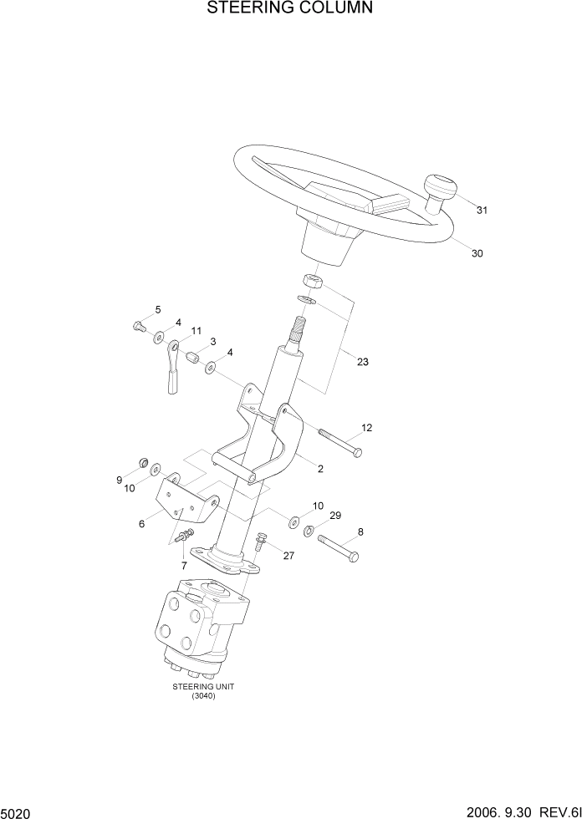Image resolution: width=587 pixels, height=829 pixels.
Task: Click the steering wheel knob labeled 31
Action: point(440,192)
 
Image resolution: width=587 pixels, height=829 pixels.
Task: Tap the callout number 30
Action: point(477,253)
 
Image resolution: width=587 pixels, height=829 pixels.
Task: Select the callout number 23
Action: point(362,362)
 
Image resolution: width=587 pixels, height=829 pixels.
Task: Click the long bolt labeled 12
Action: point(339,443)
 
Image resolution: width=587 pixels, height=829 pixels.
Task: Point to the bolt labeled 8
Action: point(338,548)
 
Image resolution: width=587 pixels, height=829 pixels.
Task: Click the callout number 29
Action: point(335,516)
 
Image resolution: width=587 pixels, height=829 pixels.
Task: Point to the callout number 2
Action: point(320,469)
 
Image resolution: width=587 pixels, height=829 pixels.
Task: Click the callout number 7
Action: point(184,566)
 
